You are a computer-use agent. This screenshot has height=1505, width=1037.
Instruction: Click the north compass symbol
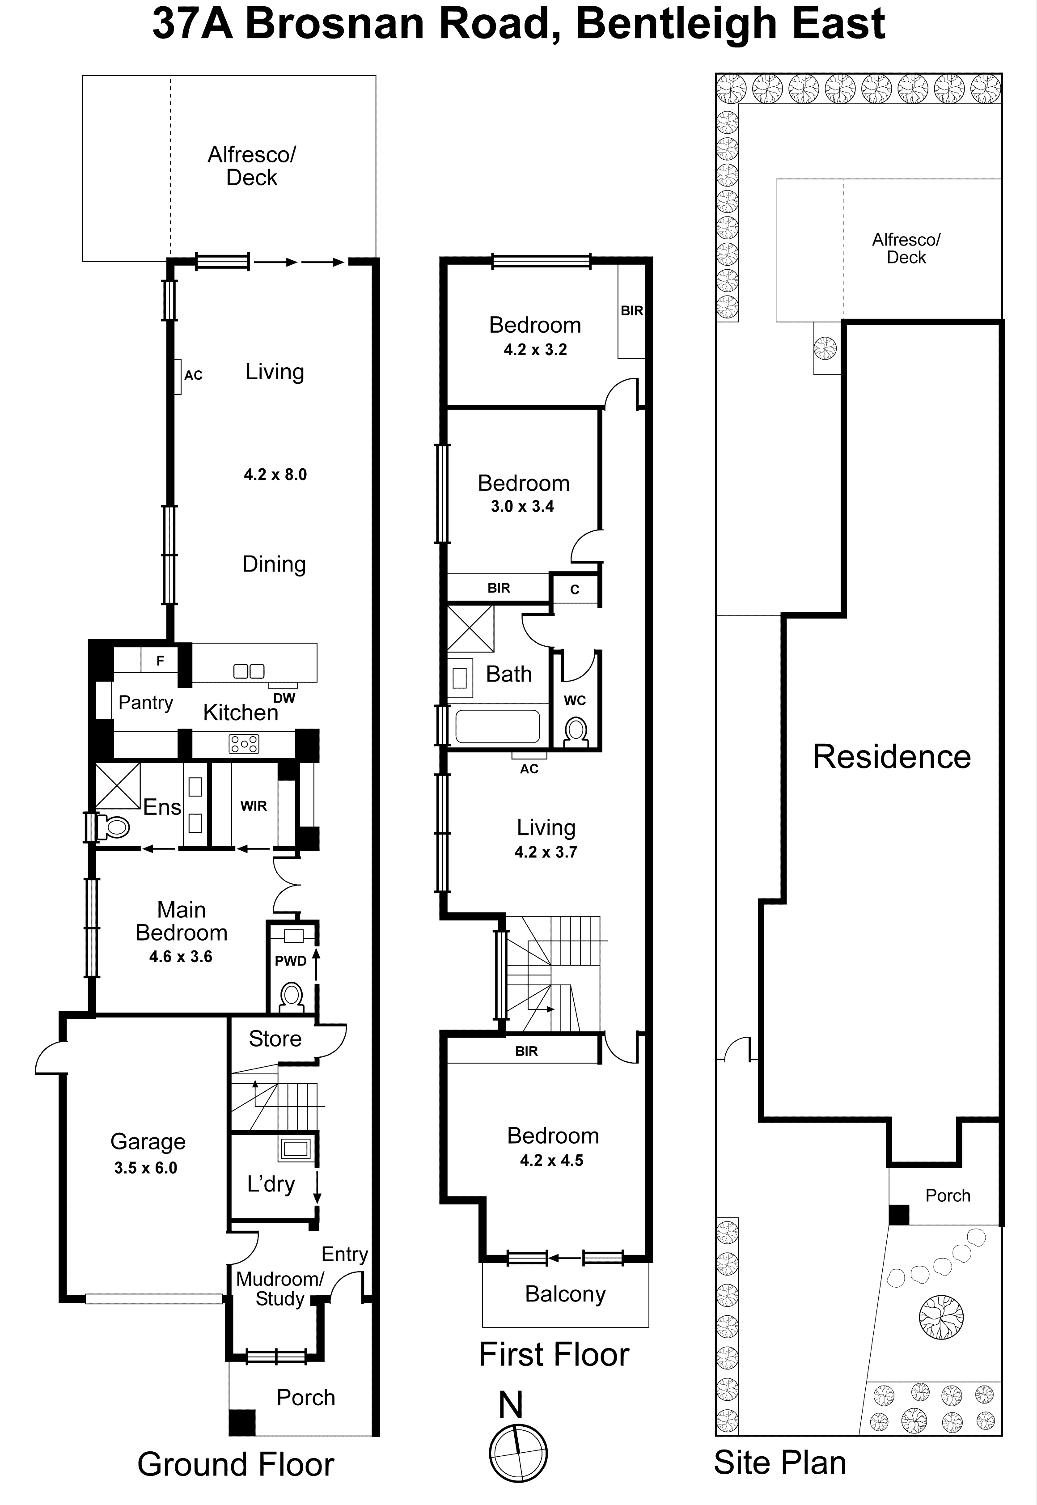point(518,1453)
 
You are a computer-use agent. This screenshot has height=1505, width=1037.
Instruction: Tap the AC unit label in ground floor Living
point(193,375)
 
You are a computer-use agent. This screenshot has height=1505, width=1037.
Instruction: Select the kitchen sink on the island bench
point(249,670)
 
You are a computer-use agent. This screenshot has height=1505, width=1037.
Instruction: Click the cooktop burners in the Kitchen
point(244,743)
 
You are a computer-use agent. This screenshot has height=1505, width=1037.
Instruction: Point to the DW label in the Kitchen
point(284,698)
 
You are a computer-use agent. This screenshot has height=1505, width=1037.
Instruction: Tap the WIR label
point(254,806)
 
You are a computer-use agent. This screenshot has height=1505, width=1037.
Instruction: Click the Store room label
point(275,1039)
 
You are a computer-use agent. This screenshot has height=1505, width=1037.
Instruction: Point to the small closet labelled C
point(574,589)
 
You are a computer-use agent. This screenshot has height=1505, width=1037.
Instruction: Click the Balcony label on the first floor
point(565,1294)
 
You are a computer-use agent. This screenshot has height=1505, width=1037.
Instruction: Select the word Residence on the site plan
point(892,756)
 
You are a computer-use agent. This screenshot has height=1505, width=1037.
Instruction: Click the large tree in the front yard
point(941,1317)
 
